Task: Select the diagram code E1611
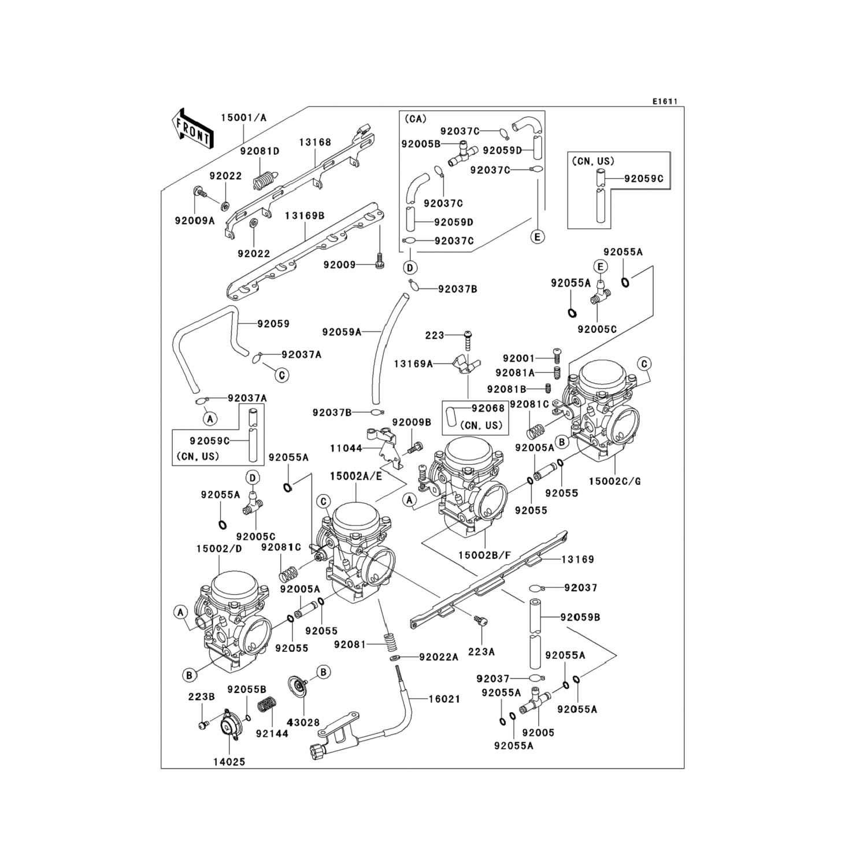click(x=665, y=101)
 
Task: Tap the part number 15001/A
click(x=243, y=118)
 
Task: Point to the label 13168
click(x=315, y=142)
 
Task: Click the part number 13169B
click(x=305, y=216)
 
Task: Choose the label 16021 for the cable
click(x=444, y=699)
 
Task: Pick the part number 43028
click(x=303, y=722)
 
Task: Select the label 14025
click(x=229, y=762)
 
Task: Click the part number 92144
click(x=272, y=733)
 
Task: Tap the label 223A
click(x=481, y=651)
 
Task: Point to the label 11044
click(x=346, y=448)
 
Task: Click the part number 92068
click(x=488, y=408)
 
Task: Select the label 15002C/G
click(x=614, y=481)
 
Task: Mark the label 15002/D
click(x=219, y=549)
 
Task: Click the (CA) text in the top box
click(x=415, y=118)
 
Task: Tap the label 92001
click(x=518, y=358)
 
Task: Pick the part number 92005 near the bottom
click(x=538, y=732)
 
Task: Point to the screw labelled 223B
click(x=203, y=725)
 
